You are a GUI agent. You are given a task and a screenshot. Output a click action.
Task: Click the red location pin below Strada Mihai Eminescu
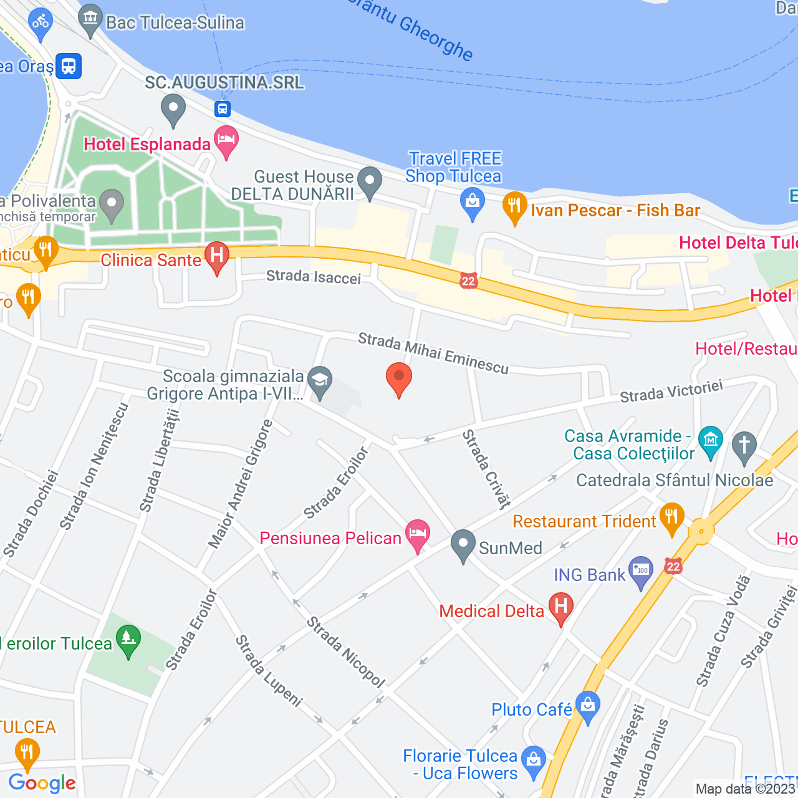pyautogui.click(x=399, y=378)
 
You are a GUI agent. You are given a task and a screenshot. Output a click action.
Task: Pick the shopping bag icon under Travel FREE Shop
pyautogui.click(x=473, y=203)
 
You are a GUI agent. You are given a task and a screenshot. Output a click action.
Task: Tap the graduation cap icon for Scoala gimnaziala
pyautogui.click(x=320, y=381)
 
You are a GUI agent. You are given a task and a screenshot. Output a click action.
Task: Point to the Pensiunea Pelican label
pyautogui.click(x=330, y=539)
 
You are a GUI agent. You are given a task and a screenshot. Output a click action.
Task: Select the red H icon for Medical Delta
pyautogui.click(x=560, y=607)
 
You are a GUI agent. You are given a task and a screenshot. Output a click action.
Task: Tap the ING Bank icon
pyautogui.click(x=641, y=571)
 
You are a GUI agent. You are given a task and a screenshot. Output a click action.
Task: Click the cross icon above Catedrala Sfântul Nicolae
pyautogui.click(x=744, y=446)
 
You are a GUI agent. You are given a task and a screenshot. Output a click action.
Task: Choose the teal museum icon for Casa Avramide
pyautogui.click(x=711, y=441)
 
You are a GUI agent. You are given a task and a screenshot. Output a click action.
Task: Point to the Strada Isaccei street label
pyautogui.click(x=314, y=277)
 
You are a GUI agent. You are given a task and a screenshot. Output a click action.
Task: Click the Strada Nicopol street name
pyautogui.click(x=346, y=652)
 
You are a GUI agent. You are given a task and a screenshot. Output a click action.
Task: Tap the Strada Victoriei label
pyautogui.click(x=671, y=391)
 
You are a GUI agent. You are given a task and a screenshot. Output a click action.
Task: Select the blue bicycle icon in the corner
pyautogui.click(x=41, y=23)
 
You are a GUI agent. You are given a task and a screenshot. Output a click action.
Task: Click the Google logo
pyautogui.click(x=42, y=783)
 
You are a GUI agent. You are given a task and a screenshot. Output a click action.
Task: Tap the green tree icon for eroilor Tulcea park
pyautogui.click(x=128, y=640)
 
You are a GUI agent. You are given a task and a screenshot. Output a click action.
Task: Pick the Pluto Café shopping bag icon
pyautogui.click(x=588, y=706)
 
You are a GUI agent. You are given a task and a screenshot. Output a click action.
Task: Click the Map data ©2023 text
pyautogui.click(x=746, y=789)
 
